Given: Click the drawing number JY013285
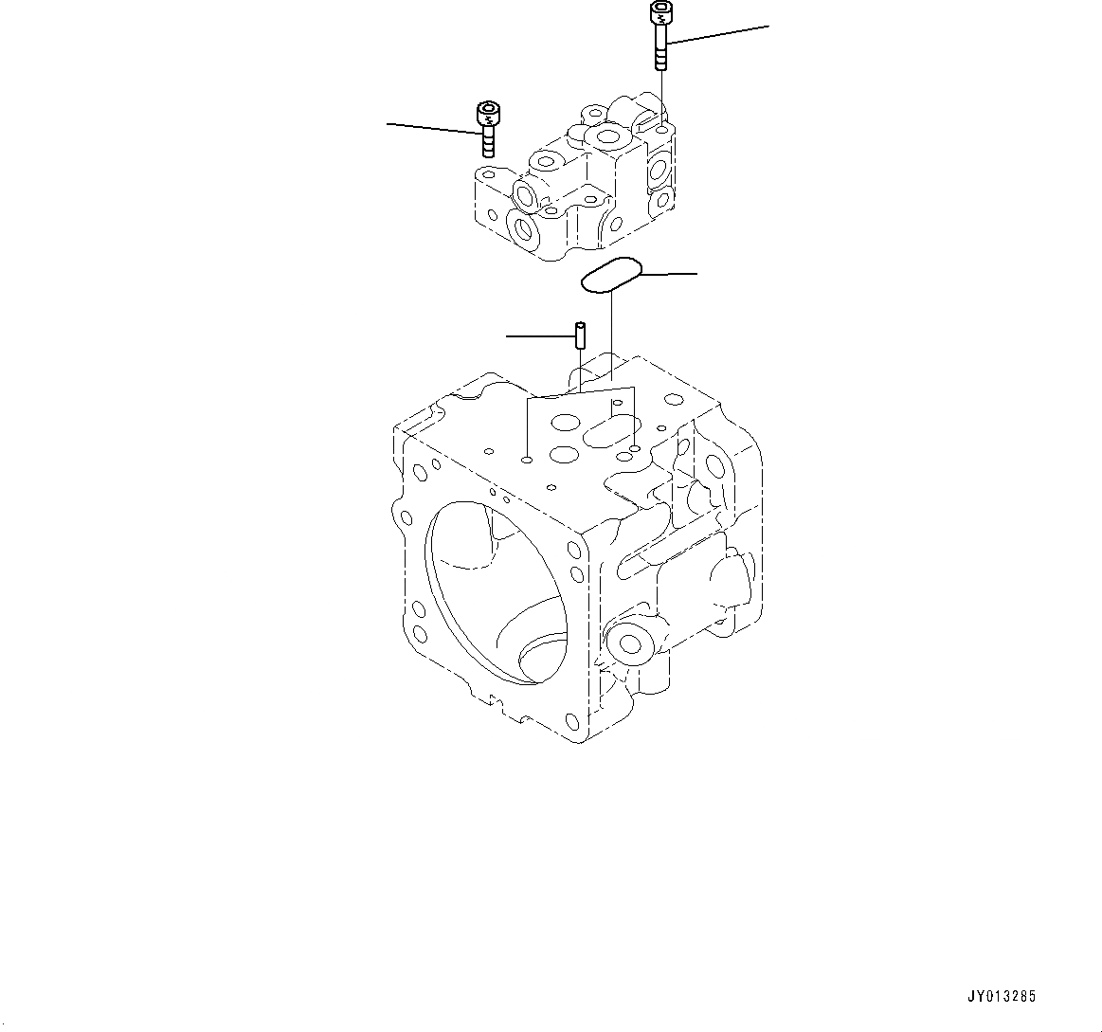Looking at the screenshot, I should [1003, 997].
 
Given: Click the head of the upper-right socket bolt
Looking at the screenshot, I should [659, 13].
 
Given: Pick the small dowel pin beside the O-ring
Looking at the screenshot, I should [580, 335].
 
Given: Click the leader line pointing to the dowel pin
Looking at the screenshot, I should [539, 335].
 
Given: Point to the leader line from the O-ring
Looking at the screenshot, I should [669, 274].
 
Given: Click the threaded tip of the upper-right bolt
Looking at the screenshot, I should [660, 61].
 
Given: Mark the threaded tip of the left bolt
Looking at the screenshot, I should [488, 148].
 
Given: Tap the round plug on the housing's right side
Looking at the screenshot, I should [627, 643].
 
